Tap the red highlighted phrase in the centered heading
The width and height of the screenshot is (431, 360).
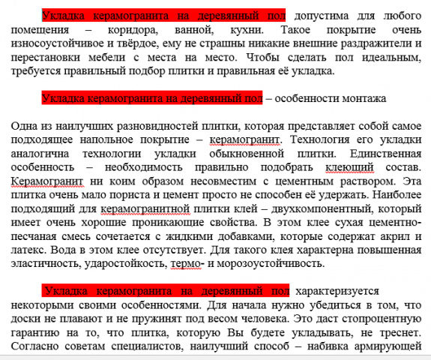coord(151,98)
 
